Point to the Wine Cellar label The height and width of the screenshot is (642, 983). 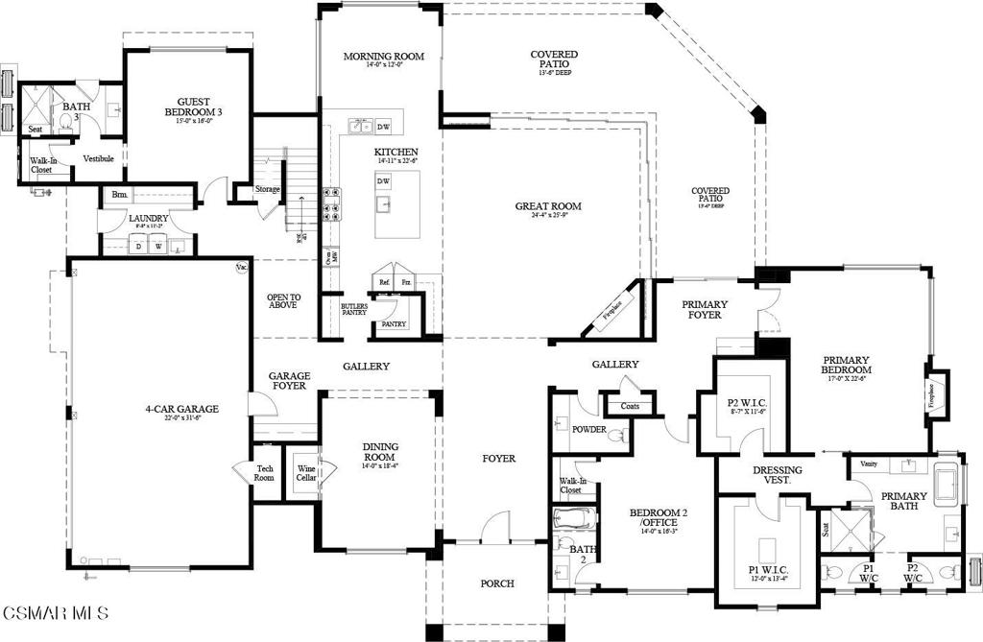(x=305, y=473)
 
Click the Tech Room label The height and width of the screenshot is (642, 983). (x=264, y=473)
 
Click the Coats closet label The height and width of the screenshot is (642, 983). (x=630, y=405)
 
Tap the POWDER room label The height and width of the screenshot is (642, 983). (x=588, y=429)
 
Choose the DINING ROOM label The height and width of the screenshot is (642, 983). (x=381, y=451)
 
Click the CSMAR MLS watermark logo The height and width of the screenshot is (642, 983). (x=55, y=611)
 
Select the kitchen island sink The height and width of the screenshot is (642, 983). (x=383, y=203)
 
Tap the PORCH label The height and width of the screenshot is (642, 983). (x=497, y=583)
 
